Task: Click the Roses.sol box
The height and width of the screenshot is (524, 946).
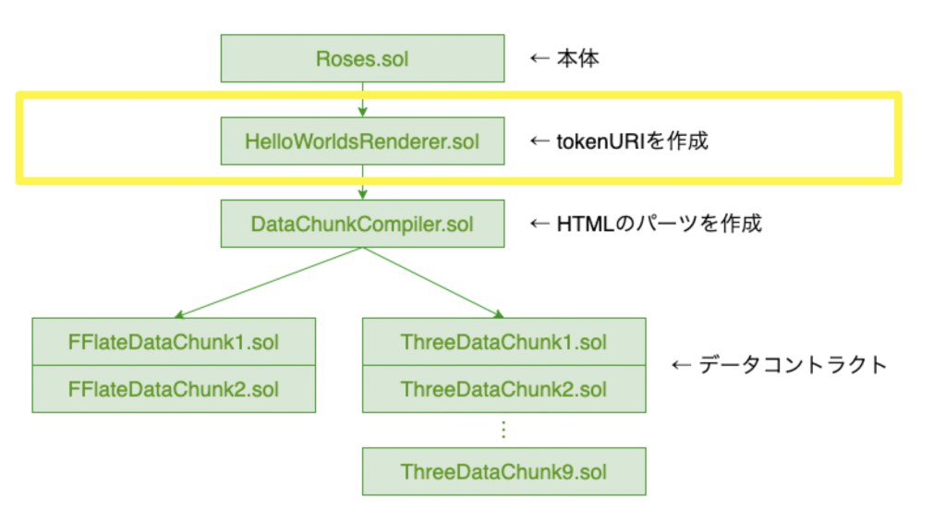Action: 362,58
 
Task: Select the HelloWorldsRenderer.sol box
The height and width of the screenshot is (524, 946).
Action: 362,141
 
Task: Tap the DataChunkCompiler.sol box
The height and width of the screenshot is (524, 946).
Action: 362,224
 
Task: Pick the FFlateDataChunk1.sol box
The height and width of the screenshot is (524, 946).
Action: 174,342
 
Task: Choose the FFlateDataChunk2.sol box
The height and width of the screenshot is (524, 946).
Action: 174,389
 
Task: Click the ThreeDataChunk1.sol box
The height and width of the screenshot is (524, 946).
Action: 503,342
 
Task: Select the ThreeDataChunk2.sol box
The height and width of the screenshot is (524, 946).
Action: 503,389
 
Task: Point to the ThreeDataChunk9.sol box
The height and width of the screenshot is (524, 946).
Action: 503,471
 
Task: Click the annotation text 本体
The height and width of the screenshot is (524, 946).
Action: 578,58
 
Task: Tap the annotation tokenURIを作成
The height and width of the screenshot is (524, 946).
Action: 632,141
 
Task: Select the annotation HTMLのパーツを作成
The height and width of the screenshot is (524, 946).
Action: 659,224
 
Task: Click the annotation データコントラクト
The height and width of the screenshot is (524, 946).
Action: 793,365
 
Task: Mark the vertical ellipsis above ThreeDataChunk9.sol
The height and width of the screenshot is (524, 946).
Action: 503,430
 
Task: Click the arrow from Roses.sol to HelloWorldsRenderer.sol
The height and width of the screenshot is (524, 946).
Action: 362,100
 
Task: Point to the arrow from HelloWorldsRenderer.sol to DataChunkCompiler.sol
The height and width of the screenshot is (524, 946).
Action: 362,182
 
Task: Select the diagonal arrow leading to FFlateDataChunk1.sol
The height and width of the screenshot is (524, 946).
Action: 269,283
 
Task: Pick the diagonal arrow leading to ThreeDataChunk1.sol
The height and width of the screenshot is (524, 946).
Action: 433,283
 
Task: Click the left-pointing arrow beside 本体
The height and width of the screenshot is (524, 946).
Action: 540,58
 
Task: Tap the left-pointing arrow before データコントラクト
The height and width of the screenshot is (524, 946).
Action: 681,365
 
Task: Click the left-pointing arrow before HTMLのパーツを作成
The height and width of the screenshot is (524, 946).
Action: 540,224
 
